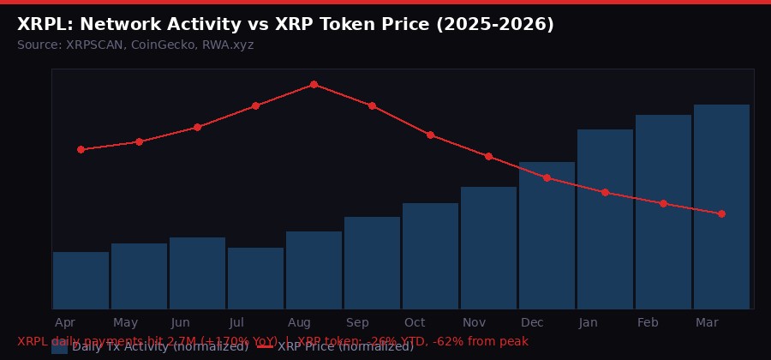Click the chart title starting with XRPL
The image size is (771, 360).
tap(285, 25)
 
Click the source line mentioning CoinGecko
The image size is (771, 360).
tap(135, 45)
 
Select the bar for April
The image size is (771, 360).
tap(81, 280)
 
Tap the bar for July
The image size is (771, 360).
tap(255, 278)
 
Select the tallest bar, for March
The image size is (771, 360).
tap(721, 207)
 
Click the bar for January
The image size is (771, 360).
tap(605, 219)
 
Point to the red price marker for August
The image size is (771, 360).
tap(314, 84)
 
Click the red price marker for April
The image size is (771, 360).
tap(81, 149)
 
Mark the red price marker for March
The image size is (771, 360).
tap(721, 213)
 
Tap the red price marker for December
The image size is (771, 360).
tap(547, 177)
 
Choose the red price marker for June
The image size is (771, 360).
tap(197, 127)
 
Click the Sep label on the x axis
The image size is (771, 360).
tap(357, 322)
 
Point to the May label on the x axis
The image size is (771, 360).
tap(125, 322)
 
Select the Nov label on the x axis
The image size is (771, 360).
tap(474, 322)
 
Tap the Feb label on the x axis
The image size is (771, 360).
tap(648, 322)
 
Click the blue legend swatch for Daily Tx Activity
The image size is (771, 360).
tap(59, 347)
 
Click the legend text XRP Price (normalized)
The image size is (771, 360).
tap(345, 347)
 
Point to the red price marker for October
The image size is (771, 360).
tap(430, 135)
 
